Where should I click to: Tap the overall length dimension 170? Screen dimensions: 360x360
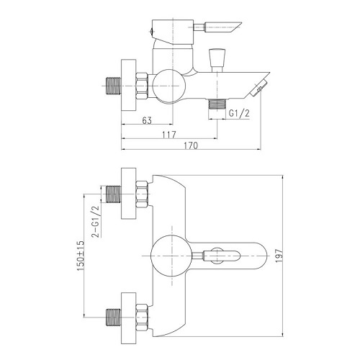click(191, 146)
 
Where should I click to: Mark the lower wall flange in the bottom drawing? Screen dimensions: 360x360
click(130, 314)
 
